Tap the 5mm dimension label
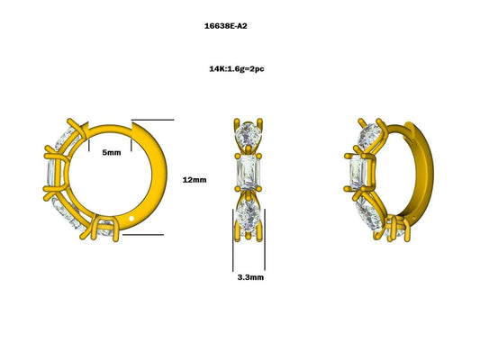[112, 153]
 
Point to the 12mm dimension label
[194, 180]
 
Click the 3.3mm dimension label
[250, 278]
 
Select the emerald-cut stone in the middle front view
[247, 175]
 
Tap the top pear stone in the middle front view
[246, 135]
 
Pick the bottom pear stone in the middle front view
[247, 217]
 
